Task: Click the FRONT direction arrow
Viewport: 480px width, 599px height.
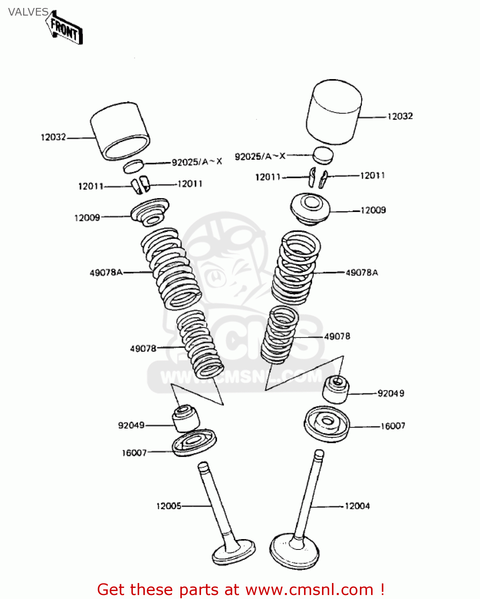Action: click(x=65, y=29)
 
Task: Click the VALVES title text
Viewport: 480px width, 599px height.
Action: click(x=28, y=12)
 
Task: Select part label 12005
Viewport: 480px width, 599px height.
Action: click(x=168, y=506)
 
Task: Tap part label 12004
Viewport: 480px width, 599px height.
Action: click(x=357, y=506)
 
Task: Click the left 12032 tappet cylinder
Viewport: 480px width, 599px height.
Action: click(x=120, y=131)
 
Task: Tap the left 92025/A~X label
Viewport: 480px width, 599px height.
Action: click(x=197, y=162)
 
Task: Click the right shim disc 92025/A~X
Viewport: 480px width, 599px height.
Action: click(x=322, y=155)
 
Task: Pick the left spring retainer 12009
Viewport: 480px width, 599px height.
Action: click(x=150, y=212)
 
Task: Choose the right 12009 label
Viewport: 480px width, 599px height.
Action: click(x=373, y=210)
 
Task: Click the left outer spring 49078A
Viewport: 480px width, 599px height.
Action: click(x=171, y=269)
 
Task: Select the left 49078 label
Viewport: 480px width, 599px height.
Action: click(x=143, y=349)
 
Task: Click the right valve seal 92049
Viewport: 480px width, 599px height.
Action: click(x=336, y=389)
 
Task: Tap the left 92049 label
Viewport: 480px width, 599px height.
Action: click(x=131, y=425)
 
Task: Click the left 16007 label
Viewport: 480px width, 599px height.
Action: click(x=134, y=452)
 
